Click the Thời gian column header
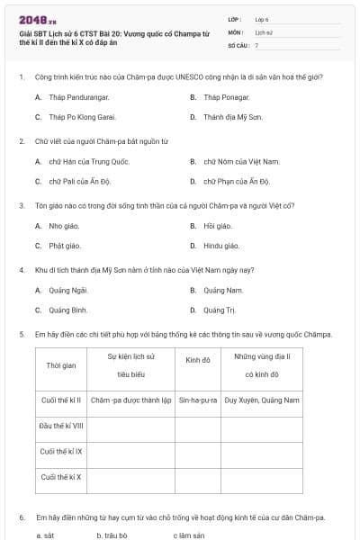[x=60, y=365]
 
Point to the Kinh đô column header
[x=198, y=360]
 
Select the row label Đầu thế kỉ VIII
[x=61, y=425]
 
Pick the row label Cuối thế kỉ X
[x=60, y=476]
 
